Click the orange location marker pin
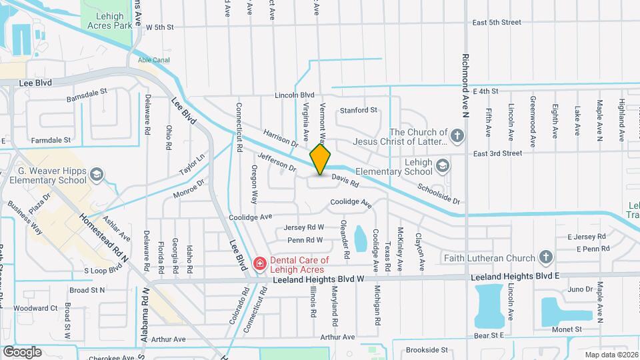tap(321, 159)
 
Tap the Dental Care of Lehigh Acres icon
tap(259, 265)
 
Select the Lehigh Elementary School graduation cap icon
tap(442, 165)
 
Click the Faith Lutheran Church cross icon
tap(546, 257)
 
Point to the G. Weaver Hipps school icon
tap(97, 175)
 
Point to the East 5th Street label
tap(497, 22)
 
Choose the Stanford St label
tap(359, 110)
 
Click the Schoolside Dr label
tap(439, 193)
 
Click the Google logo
tap(22, 351)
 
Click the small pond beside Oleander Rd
tap(361, 238)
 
